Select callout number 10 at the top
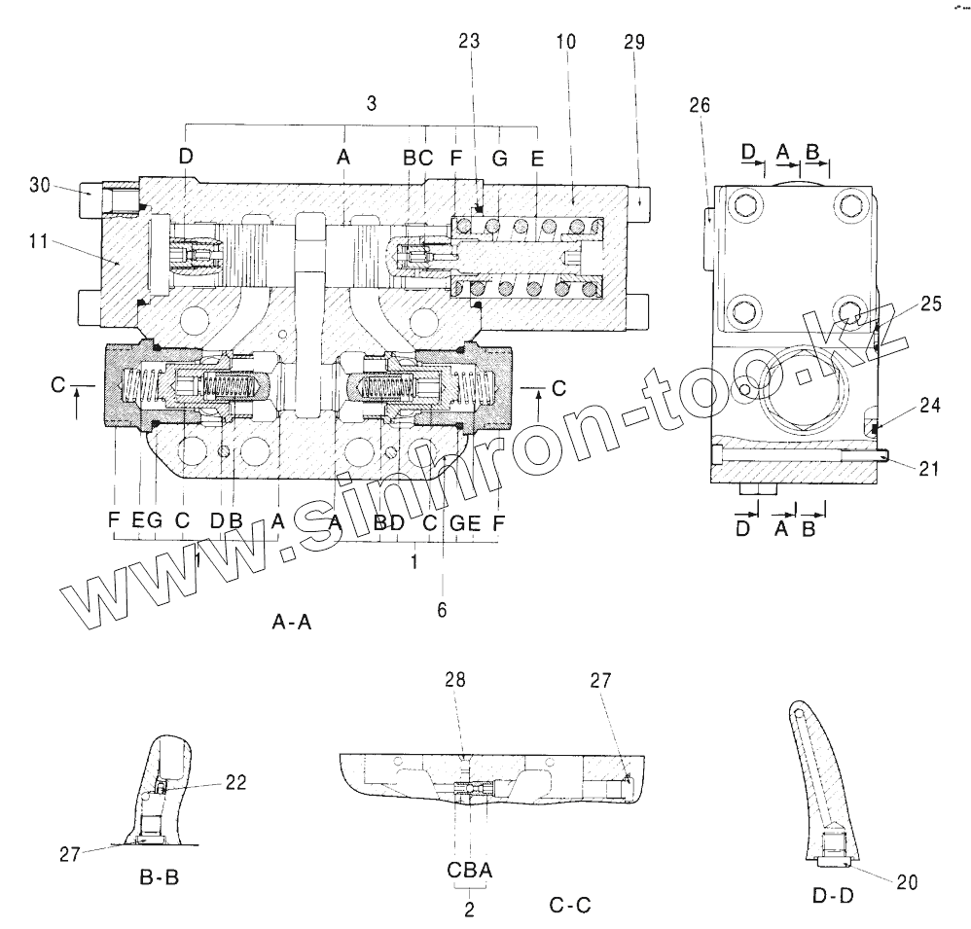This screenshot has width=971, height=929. (567, 42)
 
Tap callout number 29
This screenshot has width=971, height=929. (633, 42)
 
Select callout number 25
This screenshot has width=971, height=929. (930, 304)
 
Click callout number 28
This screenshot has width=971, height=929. (454, 681)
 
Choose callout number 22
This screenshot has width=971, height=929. (235, 781)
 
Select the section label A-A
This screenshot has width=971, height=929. (291, 624)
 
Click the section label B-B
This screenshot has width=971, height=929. (159, 878)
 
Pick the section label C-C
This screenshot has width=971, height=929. (571, 906)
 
